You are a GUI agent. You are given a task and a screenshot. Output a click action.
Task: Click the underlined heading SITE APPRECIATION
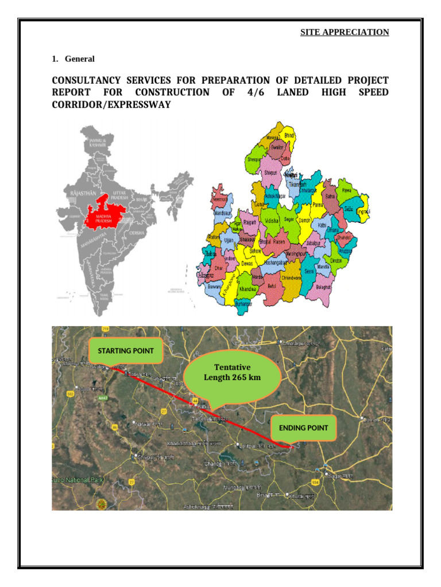pos(345,32)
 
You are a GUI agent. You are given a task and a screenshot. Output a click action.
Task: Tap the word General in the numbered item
pos(80,58)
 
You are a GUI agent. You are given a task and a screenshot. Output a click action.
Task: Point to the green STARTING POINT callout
pos(126,350)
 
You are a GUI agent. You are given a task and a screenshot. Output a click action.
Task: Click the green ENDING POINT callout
pos(303,428)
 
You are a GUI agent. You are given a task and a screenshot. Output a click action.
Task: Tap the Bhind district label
pos(289,135)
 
